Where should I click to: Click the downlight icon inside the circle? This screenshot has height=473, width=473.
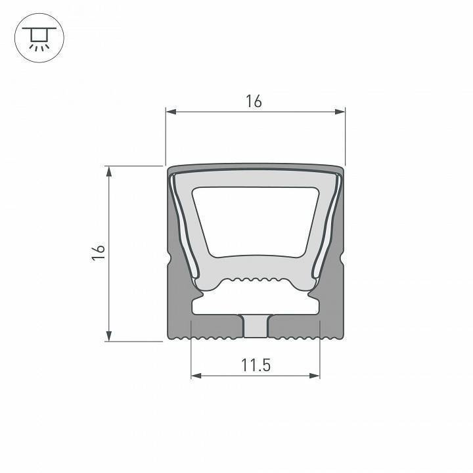(x=37, y=39)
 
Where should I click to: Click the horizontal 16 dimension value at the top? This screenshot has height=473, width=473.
(x=254, y=101)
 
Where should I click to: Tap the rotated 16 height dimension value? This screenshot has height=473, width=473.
(x=99, y=254)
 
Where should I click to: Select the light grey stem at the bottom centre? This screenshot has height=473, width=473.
(x=255, y=326)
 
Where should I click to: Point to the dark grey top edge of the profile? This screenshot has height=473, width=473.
(x=255, y=168)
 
